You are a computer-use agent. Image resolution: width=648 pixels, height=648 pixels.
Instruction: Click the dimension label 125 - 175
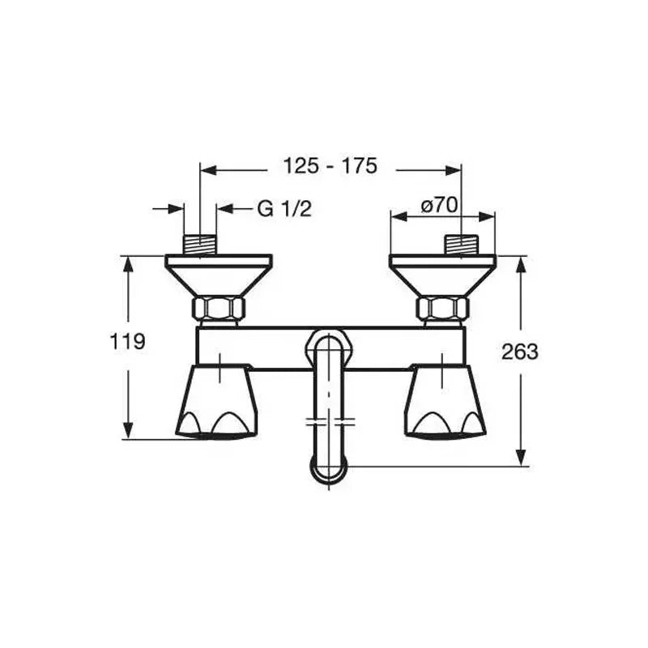(330, 167)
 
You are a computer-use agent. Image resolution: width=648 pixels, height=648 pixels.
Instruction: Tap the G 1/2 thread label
(284, 208)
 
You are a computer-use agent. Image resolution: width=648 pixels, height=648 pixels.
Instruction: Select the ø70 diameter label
(439, 206)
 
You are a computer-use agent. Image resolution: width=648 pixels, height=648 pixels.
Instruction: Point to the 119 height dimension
(127, 342)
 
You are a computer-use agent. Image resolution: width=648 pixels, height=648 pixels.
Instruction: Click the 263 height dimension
(519, 352)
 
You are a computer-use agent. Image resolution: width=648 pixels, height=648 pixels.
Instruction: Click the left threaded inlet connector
(200, 245)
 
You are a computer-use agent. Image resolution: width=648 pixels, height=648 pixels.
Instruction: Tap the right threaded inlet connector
(461, 245)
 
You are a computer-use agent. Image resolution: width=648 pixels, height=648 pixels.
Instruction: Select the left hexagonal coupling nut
(219, 308)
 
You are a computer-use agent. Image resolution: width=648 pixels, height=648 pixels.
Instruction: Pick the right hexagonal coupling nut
(442, 308)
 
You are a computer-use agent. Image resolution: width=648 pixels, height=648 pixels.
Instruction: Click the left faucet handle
(216, 401)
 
